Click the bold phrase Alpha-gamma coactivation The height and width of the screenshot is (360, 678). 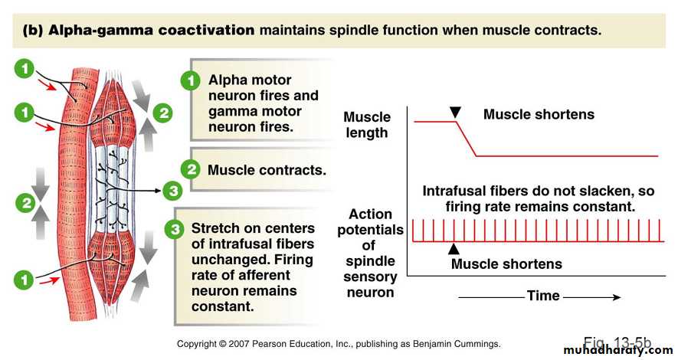tap(152, 31)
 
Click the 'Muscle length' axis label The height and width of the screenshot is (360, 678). tap(367, 125)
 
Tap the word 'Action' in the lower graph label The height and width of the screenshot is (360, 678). tap(370, 214)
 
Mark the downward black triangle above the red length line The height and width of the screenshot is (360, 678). tap(455, 113)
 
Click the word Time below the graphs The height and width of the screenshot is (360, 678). tap(543, 296)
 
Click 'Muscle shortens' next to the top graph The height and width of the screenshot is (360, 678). tap(539, 114)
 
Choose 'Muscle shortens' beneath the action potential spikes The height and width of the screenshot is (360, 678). tap(506, 264)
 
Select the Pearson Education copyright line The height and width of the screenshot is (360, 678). tap(339, 344)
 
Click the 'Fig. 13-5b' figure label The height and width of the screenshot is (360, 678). tap(617, 342)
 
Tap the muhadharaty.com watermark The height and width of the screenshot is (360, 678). tap(622, 350)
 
